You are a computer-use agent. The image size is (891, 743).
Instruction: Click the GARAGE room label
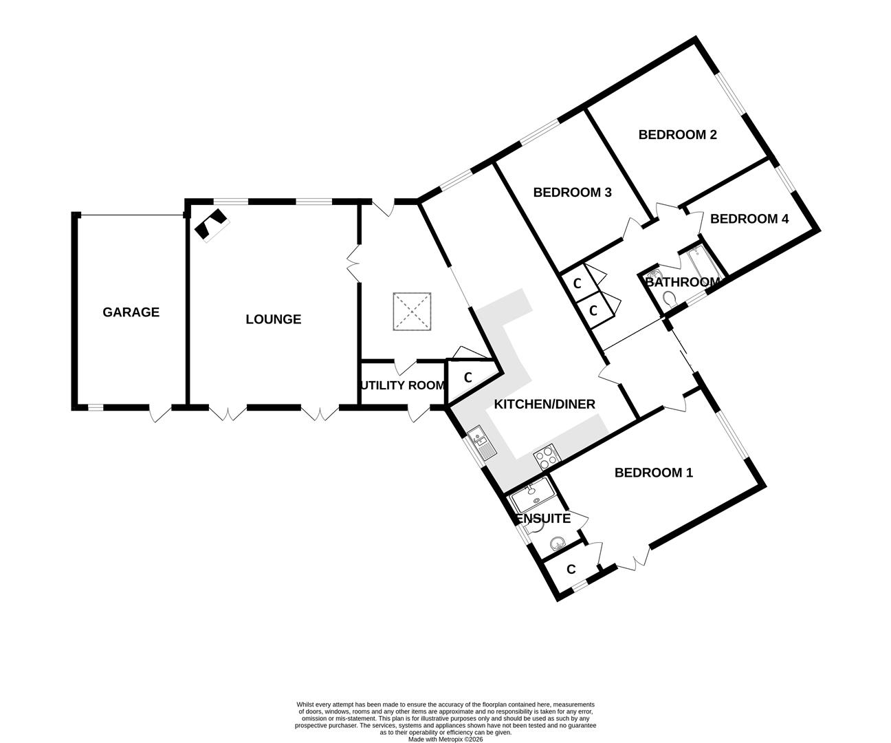pos(131,312)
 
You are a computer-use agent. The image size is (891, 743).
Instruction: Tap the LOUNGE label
pos(273,319)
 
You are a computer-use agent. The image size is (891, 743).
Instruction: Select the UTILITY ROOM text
pos(402,385)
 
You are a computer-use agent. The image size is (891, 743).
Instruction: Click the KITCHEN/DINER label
pos(544,404)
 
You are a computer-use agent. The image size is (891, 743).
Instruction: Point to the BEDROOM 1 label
pos(653,473)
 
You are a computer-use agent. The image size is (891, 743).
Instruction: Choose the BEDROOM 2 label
pos(677,135)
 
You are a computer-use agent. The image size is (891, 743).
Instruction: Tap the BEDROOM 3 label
pos(572,193)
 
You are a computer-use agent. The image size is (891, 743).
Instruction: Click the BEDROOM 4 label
pos(749,219)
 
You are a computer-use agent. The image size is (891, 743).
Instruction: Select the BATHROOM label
pos(681,282)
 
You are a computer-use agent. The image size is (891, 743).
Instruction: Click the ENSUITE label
pos(543,519)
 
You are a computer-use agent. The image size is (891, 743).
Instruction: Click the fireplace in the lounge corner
pos(211,224)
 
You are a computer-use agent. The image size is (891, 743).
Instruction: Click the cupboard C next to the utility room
pos(467,378)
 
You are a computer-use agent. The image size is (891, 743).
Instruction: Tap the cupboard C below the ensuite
pos(571,570)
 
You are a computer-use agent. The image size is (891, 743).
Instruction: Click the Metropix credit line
pos(445,740)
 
